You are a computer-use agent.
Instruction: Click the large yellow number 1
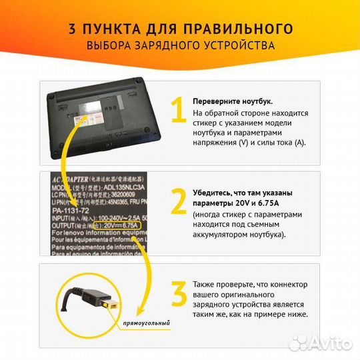coord(177,112)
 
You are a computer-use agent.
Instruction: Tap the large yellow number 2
coord(178,203)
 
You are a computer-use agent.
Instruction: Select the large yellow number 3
coord(178,294)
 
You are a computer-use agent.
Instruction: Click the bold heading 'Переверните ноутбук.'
coord(232,101)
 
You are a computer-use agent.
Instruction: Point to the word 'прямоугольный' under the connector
coord(147,323)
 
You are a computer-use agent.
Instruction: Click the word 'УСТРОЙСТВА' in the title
coord(238,46)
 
